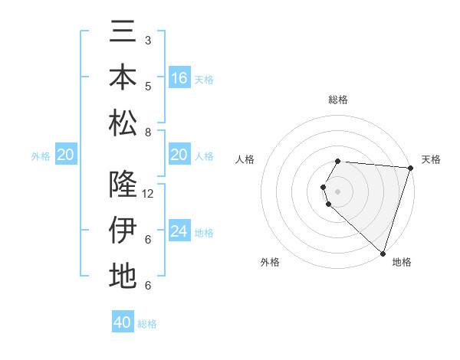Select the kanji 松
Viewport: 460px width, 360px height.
[x=123, y=123]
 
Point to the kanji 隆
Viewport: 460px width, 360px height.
[x=123, y=185]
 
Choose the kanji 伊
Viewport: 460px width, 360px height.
[x=123, y=230]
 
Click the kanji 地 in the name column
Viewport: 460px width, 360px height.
[x=123, y=276]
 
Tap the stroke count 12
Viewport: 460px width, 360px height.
[x=149, y=194]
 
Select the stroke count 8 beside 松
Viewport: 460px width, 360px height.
[x=148, y=133]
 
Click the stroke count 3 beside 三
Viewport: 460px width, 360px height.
[x=148, y=40]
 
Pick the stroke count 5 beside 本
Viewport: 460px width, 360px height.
[x=148, y=87]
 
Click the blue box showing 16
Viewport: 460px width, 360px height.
[x=179, y=78]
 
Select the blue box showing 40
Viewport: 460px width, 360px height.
[x=123, y=322]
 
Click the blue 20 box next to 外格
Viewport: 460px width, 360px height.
[x=65, y=155]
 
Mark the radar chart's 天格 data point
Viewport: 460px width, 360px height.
[x=411, y=169]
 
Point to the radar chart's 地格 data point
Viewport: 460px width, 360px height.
[x=383, y=253]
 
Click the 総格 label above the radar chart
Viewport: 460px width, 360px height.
[x=338, y=100]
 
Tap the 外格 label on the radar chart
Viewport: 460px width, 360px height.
[x=270, y=262]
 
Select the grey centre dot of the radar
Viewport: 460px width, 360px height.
[x=338, y=191]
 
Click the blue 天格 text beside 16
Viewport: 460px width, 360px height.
[x=205, y=79]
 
